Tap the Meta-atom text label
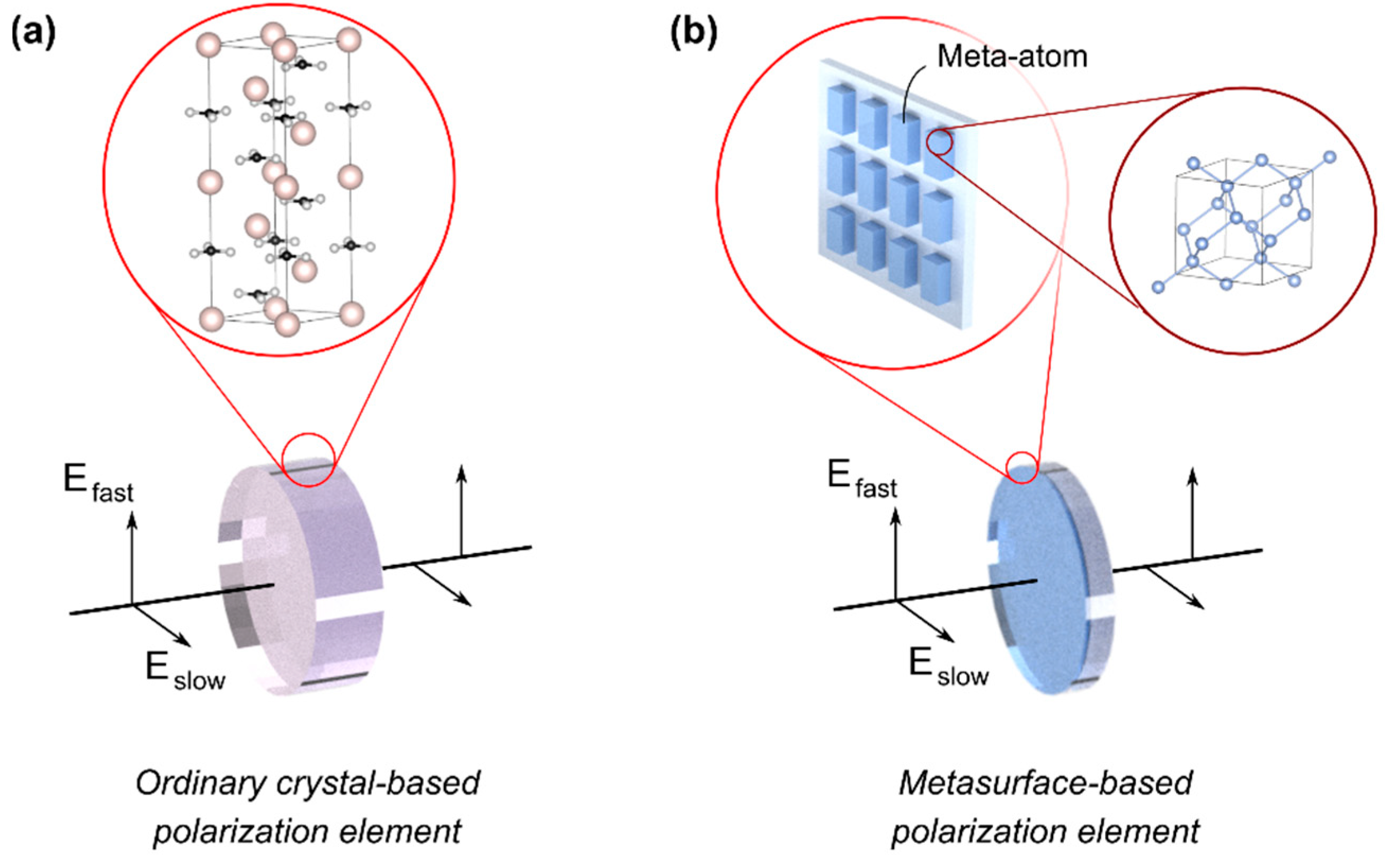click(x=1012, y=57)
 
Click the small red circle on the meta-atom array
click(x=940, y=142)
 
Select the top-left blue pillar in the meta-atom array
click(x=841, y=109)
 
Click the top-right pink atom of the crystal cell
click(x=348, y=40)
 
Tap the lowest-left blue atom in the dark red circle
click(x=1158, y=287)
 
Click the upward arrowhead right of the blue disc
click(x=1193, y=477)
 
